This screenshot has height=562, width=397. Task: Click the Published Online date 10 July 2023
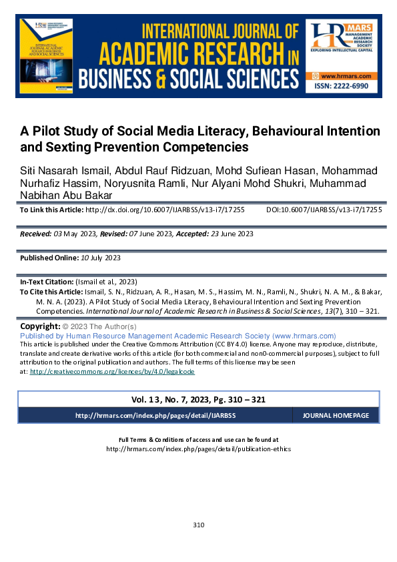[x=93, y=258]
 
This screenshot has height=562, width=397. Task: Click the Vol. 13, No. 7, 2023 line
[x=199, y=399]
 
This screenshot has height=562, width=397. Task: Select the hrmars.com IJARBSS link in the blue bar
[x=155, y=415]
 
